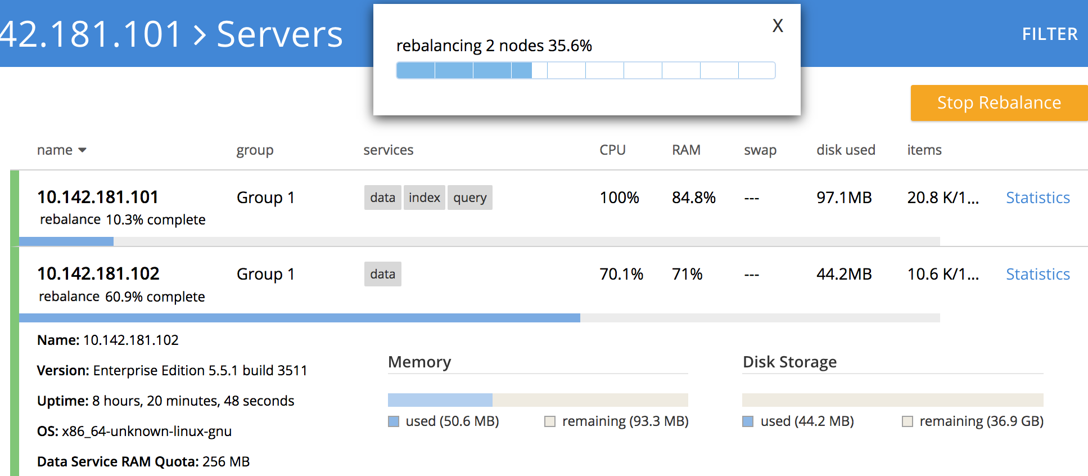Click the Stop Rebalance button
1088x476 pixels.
[x=999, y=103]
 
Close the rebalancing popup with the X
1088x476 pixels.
[x=778, y=26]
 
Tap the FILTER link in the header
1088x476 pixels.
[x=1049, y=34]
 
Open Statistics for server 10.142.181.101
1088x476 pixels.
[x=1037, y=198]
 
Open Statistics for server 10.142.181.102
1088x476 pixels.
[x=1037, y=275]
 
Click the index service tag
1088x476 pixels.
[x=424, y=198]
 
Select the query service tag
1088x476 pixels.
[x=469, y=198]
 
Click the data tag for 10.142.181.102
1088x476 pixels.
[x=382, y=275]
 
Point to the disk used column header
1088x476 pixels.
[x=846, y=150]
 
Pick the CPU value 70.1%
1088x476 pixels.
[x=621, y=275]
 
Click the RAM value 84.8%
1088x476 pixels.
[x=693, y=198]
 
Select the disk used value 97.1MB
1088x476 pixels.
[x=843, y=198]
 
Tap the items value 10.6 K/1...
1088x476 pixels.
[x=942, y=275]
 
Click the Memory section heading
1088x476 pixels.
[x=419, y=362]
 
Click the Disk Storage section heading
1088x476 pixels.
[x=789, y=362]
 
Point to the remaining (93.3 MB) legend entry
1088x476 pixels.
[x=624, y=421]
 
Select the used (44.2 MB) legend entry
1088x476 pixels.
[x=806, y=421]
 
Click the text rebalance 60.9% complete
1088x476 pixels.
[x=122, y=297]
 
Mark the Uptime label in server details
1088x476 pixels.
[x=62, y=401]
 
